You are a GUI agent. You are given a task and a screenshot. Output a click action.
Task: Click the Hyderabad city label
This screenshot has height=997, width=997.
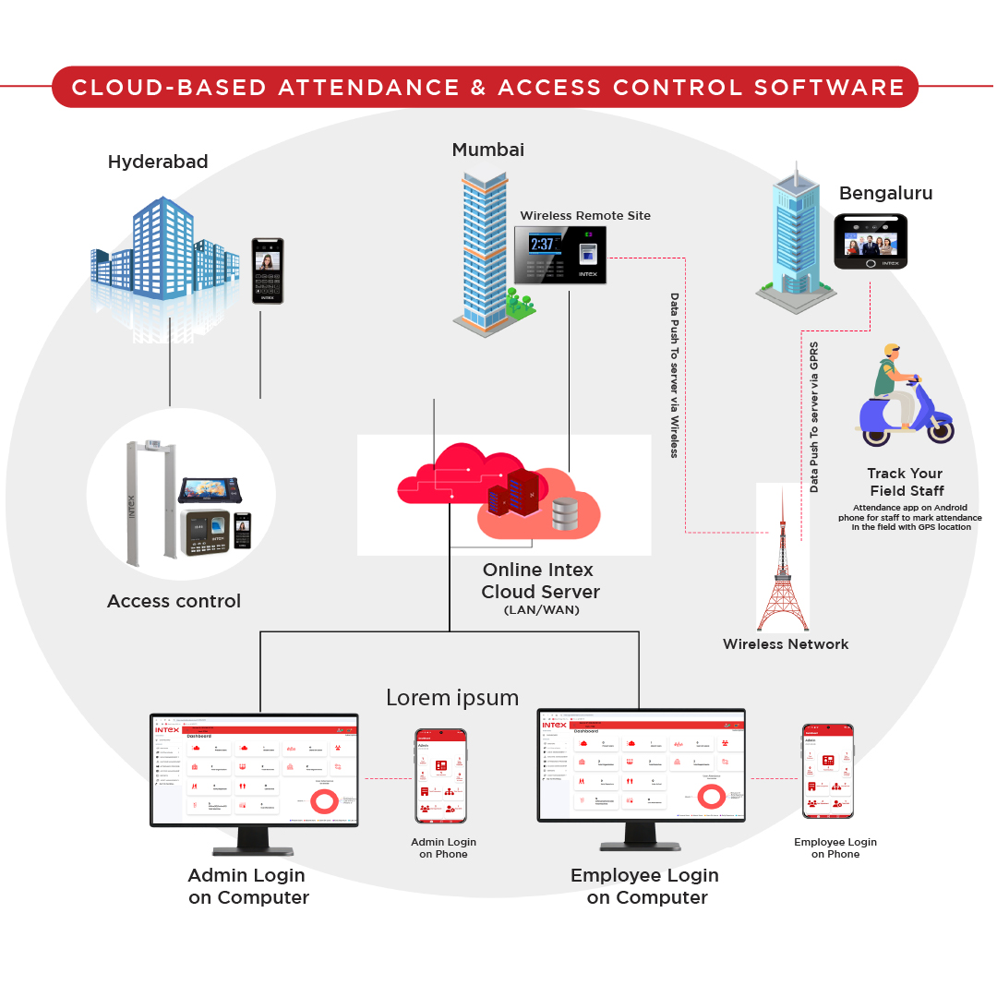coord(158,162)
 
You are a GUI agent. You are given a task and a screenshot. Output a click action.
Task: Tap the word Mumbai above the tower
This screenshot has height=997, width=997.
coord(487,150)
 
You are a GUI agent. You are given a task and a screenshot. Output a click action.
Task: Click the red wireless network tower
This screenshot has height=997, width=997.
coord(782,563)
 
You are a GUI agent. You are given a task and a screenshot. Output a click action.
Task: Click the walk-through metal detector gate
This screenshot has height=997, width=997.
coord(148,498)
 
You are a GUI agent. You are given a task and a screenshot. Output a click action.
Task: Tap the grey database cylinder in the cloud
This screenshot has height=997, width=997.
coord(565,514)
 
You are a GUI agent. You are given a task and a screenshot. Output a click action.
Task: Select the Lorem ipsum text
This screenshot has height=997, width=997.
coord(452,697)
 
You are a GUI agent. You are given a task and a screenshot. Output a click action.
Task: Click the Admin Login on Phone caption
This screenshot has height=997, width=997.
coord(443,847)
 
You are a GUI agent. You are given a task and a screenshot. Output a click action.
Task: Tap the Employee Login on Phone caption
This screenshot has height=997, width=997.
coord(835,847)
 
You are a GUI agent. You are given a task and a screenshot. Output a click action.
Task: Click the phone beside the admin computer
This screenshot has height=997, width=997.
coord(440,775)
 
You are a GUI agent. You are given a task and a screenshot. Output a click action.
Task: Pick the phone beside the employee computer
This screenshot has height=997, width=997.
coord(827,771)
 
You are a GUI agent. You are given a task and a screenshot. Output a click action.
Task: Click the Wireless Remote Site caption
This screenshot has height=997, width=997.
coord(585,216)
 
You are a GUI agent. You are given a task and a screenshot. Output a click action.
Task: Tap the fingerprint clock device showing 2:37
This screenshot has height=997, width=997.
coord(559,254)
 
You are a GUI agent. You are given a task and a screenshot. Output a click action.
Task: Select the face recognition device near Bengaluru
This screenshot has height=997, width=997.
coord(871,242)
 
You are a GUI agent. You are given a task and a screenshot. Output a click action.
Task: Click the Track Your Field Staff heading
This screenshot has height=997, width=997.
coord(906,482)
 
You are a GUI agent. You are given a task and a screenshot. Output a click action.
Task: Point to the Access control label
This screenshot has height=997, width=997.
coord(174,601)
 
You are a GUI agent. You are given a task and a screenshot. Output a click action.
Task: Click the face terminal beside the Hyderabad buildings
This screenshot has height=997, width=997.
coord(268,270)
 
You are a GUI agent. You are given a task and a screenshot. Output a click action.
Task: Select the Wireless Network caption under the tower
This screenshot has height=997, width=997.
coord(786,644)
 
